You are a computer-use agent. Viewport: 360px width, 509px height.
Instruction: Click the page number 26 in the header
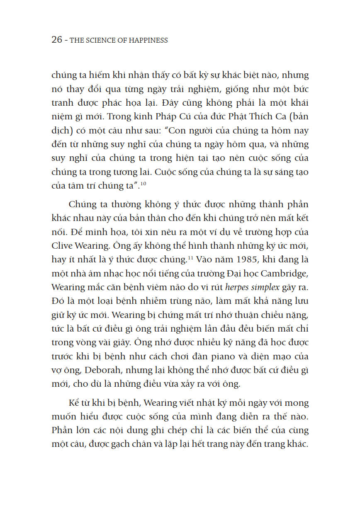[x=56, y=40]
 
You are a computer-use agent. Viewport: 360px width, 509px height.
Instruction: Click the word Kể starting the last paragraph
[x=74, y=402]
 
